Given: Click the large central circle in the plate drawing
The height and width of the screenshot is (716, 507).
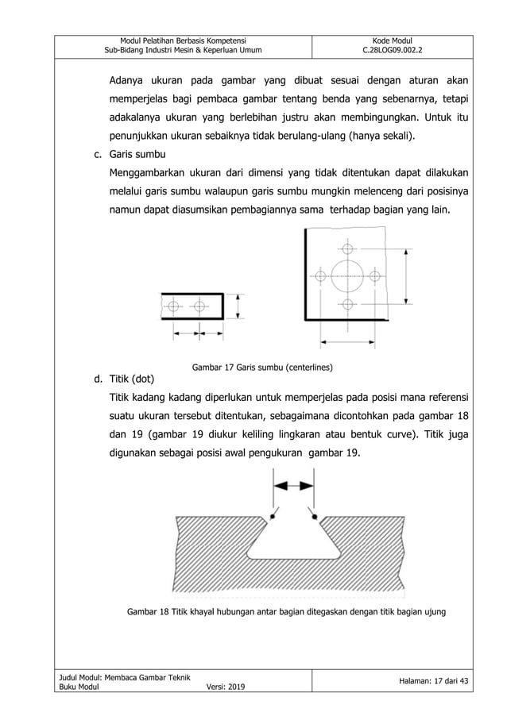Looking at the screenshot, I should [347, 275].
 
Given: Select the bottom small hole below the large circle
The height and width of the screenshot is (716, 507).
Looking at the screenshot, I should [347, 303].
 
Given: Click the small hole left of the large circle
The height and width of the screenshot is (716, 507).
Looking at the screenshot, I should [320, 275].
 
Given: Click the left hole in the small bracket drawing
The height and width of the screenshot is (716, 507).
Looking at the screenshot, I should [174, 305].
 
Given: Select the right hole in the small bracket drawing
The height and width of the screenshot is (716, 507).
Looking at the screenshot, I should [199, 305].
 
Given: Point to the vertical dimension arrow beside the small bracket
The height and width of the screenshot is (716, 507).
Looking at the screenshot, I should [239, 305].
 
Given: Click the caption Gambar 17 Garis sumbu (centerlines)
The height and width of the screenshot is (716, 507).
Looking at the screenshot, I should [262, 368].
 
